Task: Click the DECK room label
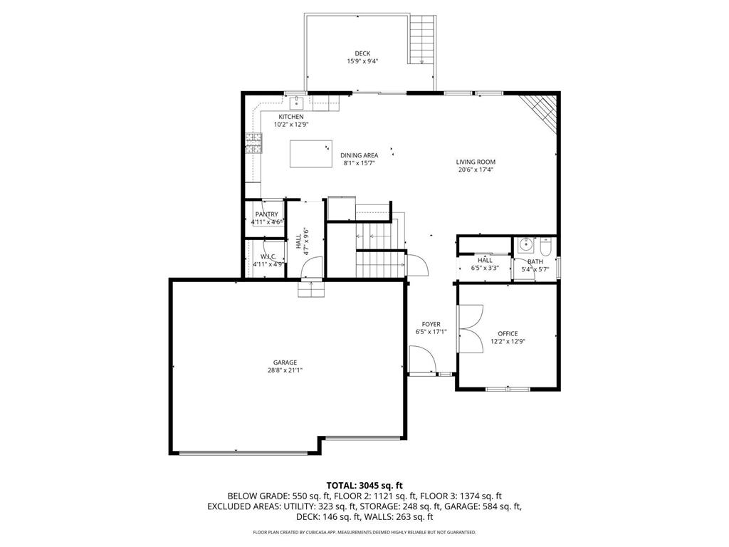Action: pyautogui.click(x=362, y=53)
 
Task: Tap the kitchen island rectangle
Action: pyautogui.click(x=311, y=154)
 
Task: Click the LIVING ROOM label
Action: pyautogui.click(x=476, y=162)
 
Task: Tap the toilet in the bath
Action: pyautogui.click(x=546, y=247)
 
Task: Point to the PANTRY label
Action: pyautogui.click(x=266, y=214)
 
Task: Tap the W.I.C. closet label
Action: pyautogui.click(x=268, y=256)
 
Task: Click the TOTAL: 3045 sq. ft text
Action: pyautogui.click(x=364, y=486)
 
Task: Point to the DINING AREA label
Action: pyautogui.click(x=359, y=155)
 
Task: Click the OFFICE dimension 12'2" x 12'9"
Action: pyautogui.click(x=508, y=341)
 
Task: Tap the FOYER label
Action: pyautogui.click(x=431, y=324)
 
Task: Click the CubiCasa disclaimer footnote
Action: pyautogui.click(x=364, y=532)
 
